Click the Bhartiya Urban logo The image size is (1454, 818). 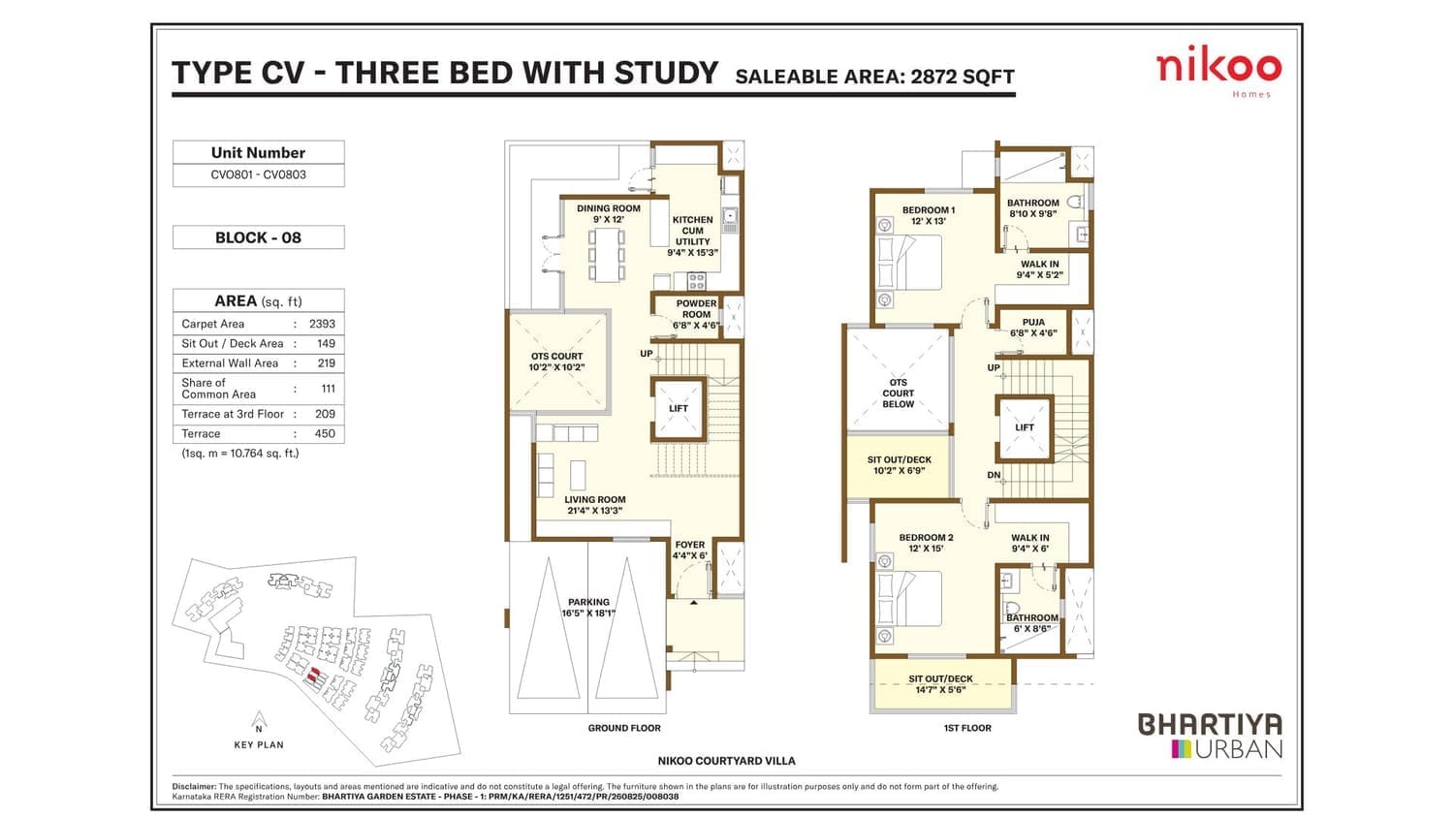click(1211, 736)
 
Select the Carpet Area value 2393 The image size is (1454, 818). click(322, 324)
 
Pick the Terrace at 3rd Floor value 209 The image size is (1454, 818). click(325, 414)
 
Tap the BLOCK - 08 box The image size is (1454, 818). click(259, 237)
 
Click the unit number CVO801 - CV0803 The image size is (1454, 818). click(259, 174)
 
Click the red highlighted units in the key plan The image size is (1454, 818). click(313, 676)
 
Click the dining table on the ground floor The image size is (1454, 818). click(607, 255)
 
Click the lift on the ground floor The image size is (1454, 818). click(679, 409)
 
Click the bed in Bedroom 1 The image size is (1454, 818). click(908, 263)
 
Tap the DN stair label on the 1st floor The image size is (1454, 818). click(994, 475)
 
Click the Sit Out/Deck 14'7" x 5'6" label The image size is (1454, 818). click(940, 683)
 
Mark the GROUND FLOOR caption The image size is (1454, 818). click(624, 728)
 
